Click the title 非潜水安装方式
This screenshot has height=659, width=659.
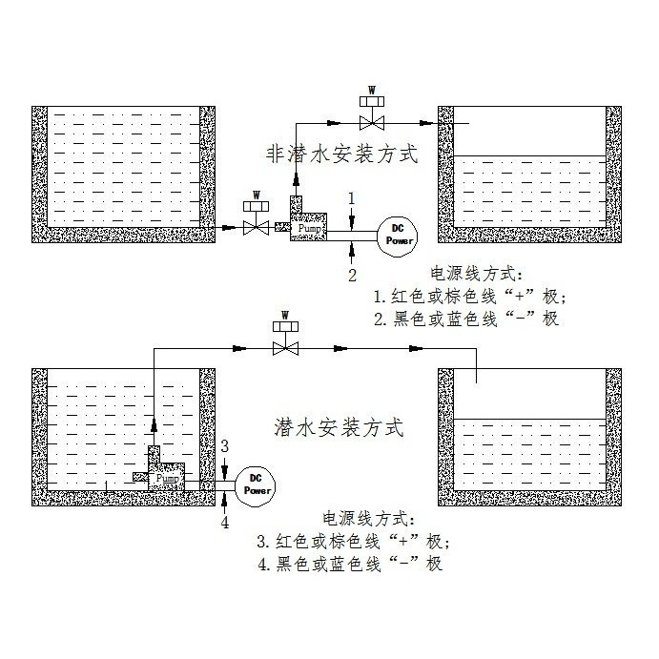tap(340, 154)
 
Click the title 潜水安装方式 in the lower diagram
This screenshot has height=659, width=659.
tap(340, 426)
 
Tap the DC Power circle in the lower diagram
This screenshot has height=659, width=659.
tap(257, 484)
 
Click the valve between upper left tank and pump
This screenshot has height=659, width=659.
tap(256, 227)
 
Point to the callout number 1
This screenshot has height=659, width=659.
tap(352, 197)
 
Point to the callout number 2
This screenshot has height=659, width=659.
tap(352, 275)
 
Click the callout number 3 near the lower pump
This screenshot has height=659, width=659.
tap(224, 446)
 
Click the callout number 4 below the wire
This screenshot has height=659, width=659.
tap(225, 522)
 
